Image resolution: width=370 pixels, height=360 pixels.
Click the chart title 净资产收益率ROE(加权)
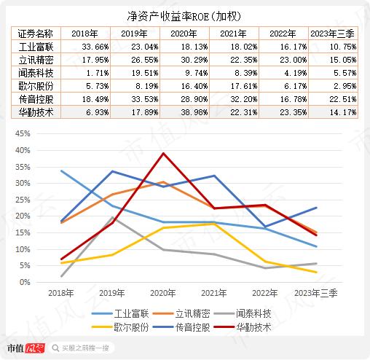click(184, 17)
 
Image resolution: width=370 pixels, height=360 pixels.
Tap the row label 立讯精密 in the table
click(36, 60)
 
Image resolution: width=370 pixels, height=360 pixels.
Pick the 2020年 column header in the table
click(184, 34)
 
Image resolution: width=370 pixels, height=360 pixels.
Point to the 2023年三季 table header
click(333, 34)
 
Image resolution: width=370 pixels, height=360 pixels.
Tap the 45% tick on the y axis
click(23, 133)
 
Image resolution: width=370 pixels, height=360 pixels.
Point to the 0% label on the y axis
click(25, 282)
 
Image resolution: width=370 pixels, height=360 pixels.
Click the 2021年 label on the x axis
click(214, 293)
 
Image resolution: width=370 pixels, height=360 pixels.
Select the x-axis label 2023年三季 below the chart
click(316, 293)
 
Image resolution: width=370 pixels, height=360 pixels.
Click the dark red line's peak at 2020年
click(163, 153)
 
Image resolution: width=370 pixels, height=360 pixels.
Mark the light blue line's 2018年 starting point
click(61, 171)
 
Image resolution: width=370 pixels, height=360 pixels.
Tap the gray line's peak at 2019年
click(112, 217)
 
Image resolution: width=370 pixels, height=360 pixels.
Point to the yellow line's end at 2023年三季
click(316, 273)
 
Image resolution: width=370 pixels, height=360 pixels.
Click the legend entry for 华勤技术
click(243, 327)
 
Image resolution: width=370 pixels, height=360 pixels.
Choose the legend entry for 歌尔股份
click(120, 327)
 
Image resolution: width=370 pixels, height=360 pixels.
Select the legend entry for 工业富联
click(120, 313)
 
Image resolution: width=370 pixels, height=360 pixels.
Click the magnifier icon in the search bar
click(55, 348)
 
